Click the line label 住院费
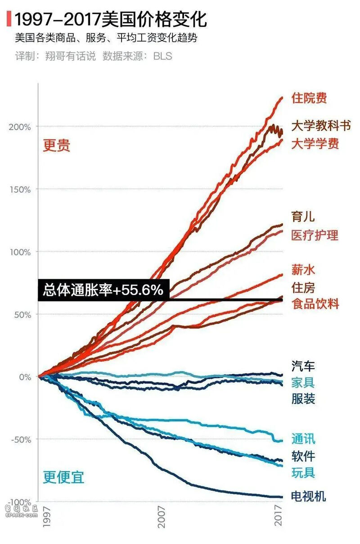click(309, 98)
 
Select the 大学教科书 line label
click(321, 126)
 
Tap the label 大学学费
click(315, 144)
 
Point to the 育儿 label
click(303, 217)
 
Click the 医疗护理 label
click(315, 235)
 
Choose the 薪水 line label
click(303, 270)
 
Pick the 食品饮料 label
click(315, 303)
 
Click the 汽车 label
click(303, 366)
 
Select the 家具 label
click(303, 382)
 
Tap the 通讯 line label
click(303, 439)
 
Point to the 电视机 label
click(309, 497)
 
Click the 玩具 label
click(303, 473)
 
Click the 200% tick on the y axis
click(20, 127)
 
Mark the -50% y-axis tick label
click(20, 440)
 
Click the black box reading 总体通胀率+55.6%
click(103, 290)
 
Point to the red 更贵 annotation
click(57, 146)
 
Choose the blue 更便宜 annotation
click(63, 477)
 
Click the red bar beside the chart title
click(9, 19)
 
